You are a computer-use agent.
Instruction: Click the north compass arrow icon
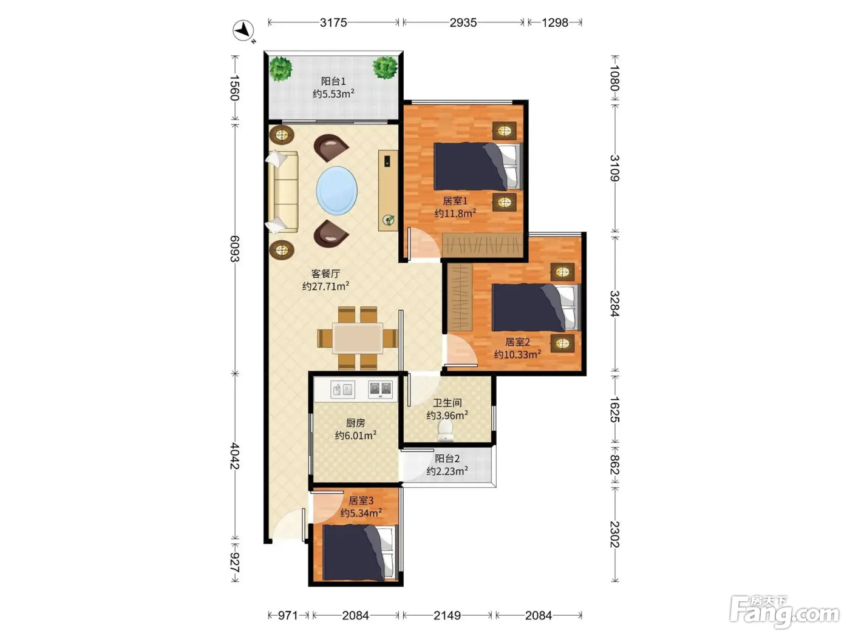[x=243, y=30]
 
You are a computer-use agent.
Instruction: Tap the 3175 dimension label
[x=333, y=23]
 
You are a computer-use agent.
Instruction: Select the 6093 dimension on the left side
[x=235, y=249]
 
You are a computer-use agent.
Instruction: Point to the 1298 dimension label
[x=554, y=23]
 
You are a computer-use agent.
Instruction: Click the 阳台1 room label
[x=333, y=81]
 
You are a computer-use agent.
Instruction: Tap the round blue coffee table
[x=336, y=190]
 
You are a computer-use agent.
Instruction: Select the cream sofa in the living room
[x=283, y=192]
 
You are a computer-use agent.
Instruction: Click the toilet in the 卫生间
[x=445, y=431]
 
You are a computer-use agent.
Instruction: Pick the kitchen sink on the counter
[x=342, y=389]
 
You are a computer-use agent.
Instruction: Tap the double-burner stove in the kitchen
[x=380, y=389]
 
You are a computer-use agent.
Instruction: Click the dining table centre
[x=358, y=338]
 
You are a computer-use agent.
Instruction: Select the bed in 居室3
[x=360, y=553]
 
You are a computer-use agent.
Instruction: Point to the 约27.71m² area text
[x=325, y=286]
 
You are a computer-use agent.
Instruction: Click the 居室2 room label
[x=517, y=342]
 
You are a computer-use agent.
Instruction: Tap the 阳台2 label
[x=447, y=459]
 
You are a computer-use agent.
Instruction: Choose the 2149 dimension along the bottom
[x=447, y=615]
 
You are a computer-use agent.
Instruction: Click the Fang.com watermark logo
[x=784, y=613]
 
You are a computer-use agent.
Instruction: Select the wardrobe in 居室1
[x=483, y=244]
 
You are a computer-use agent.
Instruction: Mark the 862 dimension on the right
[x=614, y=465]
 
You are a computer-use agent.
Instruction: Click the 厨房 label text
[x=356, y=423]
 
